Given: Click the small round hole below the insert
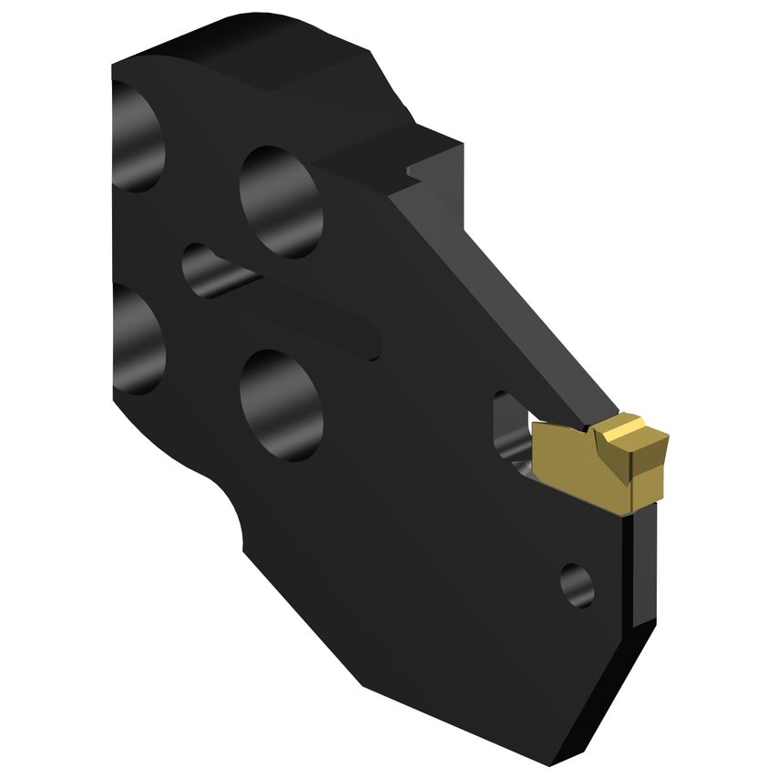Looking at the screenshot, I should point(577,585).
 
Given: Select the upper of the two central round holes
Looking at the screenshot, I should point(282,201).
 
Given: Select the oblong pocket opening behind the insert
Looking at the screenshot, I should point(507,428).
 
